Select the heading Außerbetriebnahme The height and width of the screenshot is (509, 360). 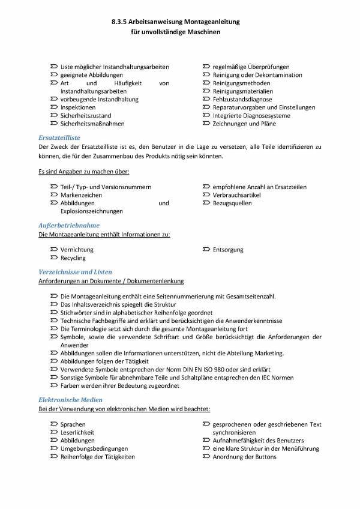coord(68,224)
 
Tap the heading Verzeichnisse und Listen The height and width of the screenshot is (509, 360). coord(75,272)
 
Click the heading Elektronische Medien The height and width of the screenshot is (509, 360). coord(70,399)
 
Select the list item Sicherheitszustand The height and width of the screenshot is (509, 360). coord(86,115)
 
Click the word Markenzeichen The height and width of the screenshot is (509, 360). coord(82,195)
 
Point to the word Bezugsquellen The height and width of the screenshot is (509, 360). coord(232,203)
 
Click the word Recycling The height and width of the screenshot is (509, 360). coord(73,258)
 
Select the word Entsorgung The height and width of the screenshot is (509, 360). coord(228,250)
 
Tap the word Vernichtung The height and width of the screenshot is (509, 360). coord(77,250)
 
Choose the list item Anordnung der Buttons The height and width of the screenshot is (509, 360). coord(244,457)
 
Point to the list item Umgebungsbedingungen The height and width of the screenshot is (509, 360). coord(94,448)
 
